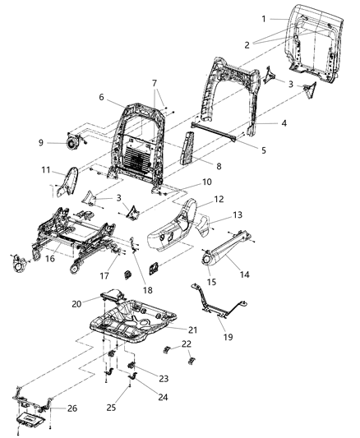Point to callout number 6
click(x=102, y=97)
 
